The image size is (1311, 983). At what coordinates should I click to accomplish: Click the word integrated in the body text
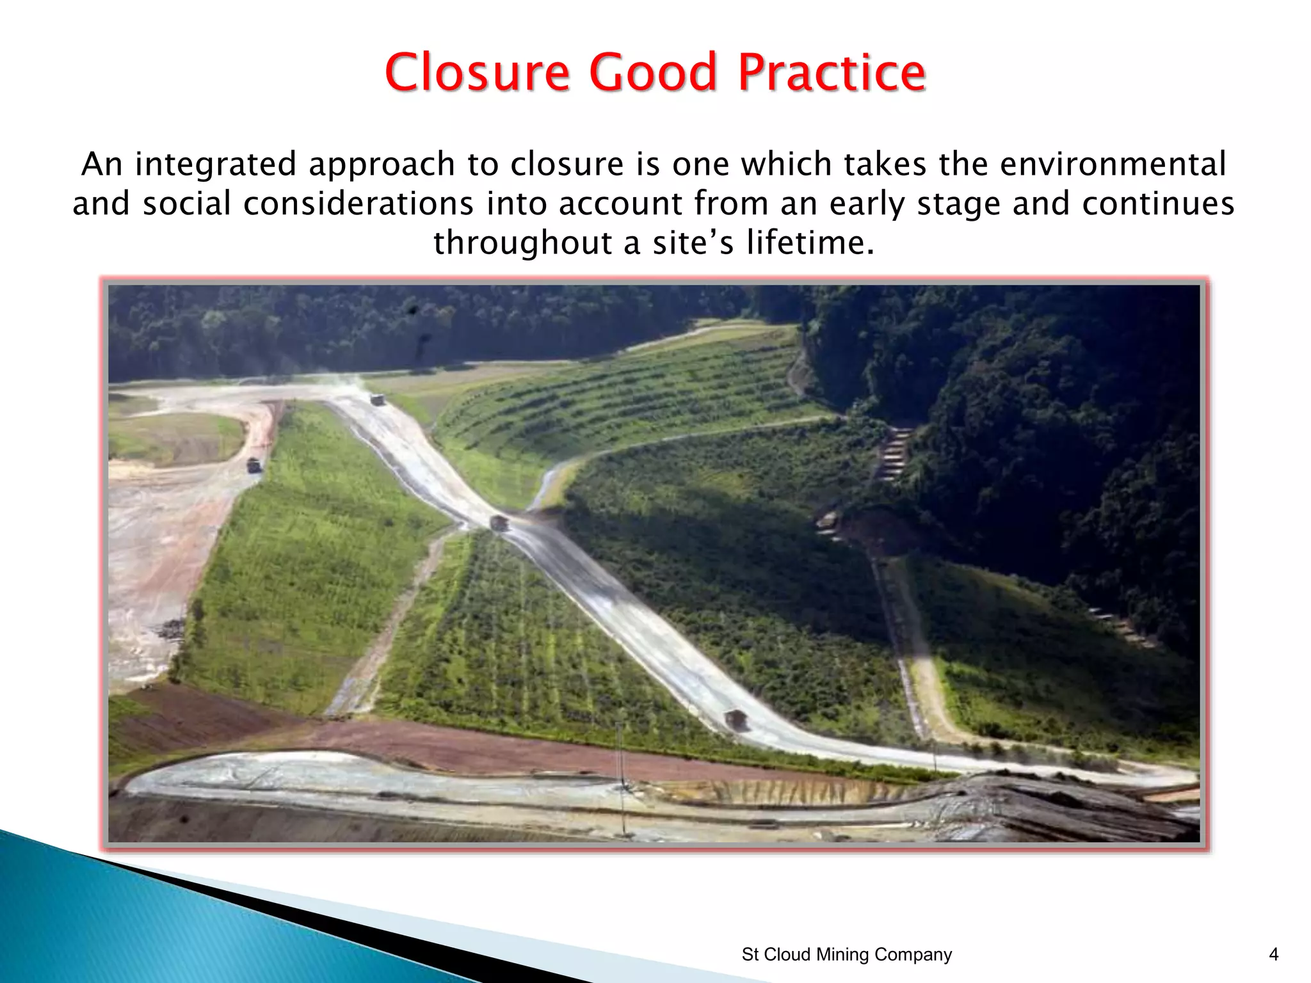[x=216, y=164]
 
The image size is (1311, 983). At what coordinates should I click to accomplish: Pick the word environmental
[x=1113, y=164]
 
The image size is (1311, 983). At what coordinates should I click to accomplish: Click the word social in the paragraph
[x=186, y=204]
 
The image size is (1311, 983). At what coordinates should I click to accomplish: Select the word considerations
[x=358, y=204]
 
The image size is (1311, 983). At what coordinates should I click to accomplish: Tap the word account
[x=620, y=204]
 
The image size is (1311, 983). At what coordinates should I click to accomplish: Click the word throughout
[x=522, y=243]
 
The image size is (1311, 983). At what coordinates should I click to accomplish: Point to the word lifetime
[x=810, y=243]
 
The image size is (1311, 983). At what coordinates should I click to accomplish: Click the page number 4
[x=1273, y=954]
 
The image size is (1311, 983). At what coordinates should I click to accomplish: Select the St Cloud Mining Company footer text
[x=846, y=954]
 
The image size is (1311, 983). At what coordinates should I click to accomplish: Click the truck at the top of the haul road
[x=378, y=400]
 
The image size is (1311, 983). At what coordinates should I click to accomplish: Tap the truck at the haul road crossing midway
[x=499, y=523]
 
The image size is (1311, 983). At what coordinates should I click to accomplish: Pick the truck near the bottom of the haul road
[x=736, y=719]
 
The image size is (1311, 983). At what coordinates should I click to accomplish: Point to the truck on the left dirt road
[x=254, y=465]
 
